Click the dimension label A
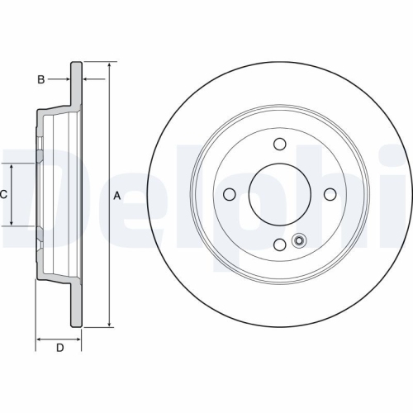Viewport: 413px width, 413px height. click(x=117, y=195)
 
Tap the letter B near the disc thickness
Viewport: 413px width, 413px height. click(x=39, y=79)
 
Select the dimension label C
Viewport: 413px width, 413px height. click(x=4, y=195)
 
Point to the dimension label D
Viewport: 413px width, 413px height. click(x=59, y=348)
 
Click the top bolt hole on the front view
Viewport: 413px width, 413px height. click(x=279, y=145)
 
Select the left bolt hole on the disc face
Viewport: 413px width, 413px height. click(x=230, y=194)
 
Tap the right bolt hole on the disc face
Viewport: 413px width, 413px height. click(x=330, y=194)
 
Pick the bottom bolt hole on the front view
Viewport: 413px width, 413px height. click(x=279, y=244)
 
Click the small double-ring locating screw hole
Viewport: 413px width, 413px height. click(x=299, y=241)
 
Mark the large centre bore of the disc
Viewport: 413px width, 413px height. click(x=279, y=194)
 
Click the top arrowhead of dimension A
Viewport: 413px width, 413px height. click(x=109, y=65)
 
